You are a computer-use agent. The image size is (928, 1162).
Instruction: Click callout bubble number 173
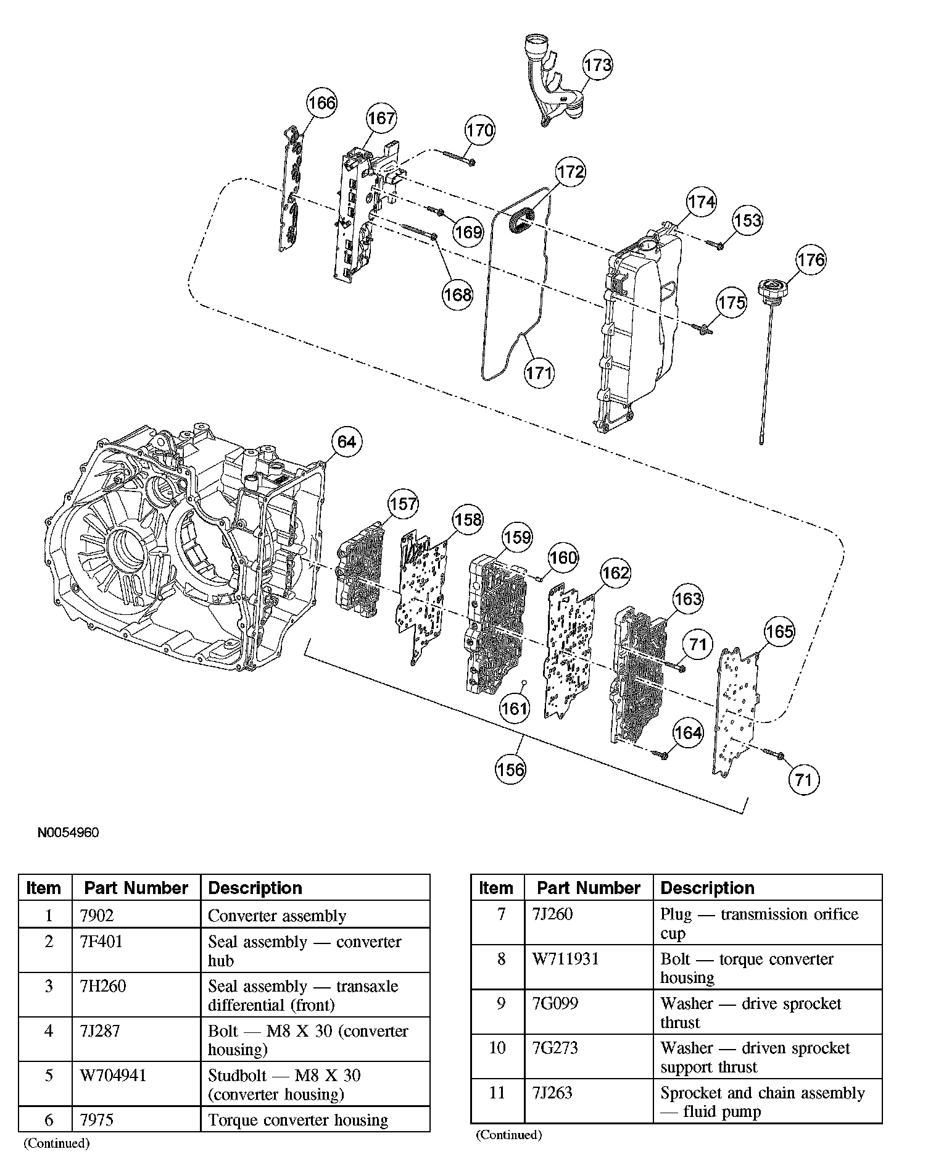pyautogui.click(x=597, y=65)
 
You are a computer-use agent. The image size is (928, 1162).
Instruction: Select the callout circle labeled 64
pyautogui.click(x=347, y=442)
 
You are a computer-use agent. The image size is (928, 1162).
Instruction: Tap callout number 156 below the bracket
pyautogui.click(x=511, y=769)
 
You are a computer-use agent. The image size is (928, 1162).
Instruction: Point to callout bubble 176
pyautogui.click(x=811, y=260)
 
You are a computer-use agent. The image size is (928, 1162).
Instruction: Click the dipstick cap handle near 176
pyautogui.click(x=773, y=290)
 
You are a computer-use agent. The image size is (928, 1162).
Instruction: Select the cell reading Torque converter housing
pyautogui.click(x=298, y=1120)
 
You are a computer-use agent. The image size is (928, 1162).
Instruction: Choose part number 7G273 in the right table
pyautogui.click(x=555, y=1048)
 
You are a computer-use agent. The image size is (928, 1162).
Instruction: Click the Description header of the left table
pyautogui.click(x=255, y=888)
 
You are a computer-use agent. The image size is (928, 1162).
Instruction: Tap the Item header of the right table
pyautogui.click(x=496, y=888)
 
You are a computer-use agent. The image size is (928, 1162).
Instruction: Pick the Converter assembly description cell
pyautogui.click(x=277, y=916)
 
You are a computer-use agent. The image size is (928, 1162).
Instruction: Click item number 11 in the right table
pyautogui.click(x=497, y=1093)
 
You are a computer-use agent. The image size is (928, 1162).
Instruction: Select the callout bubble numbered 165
pyautogui.click(x=779, y=632)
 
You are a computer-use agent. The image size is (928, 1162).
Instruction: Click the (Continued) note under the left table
pyautogui.click(x=57, y=1143)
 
